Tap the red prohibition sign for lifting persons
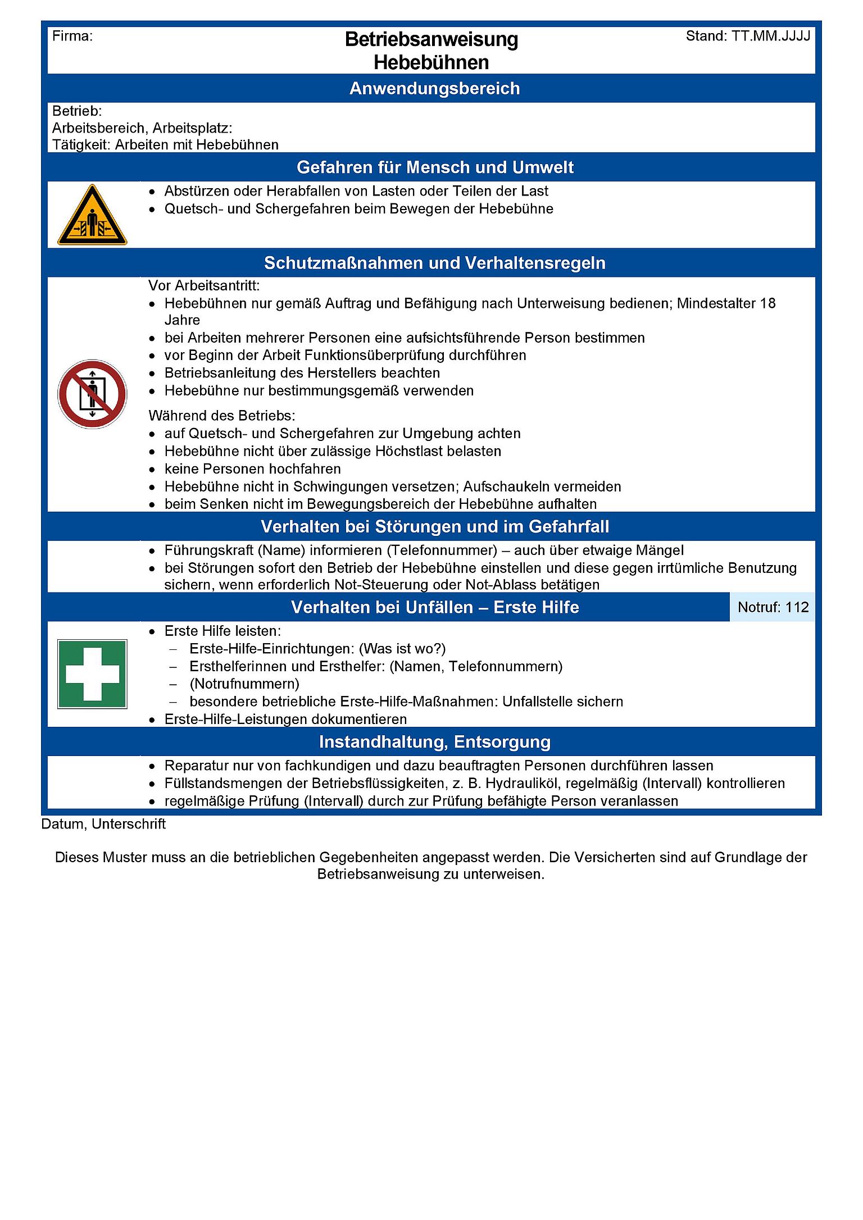(92, 394)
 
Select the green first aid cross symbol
(92, 673)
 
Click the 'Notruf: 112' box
(773, 607)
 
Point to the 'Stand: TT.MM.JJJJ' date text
(748, 37)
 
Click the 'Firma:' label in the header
(72, 37)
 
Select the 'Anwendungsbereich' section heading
(434, 89)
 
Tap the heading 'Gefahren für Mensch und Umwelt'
(435, 167)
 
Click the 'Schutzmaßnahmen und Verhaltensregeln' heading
(434, 263)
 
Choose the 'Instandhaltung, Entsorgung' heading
(434, 742)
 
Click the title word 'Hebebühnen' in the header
(431, 62)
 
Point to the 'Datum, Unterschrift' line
(103, 824)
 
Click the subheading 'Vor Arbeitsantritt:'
(204, 286)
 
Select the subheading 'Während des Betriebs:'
(221, 416)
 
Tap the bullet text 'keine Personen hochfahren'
(252, 469)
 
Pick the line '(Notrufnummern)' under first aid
(244, 684)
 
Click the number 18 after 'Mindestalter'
(767, 303)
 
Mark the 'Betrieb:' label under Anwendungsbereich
(77, 111)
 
